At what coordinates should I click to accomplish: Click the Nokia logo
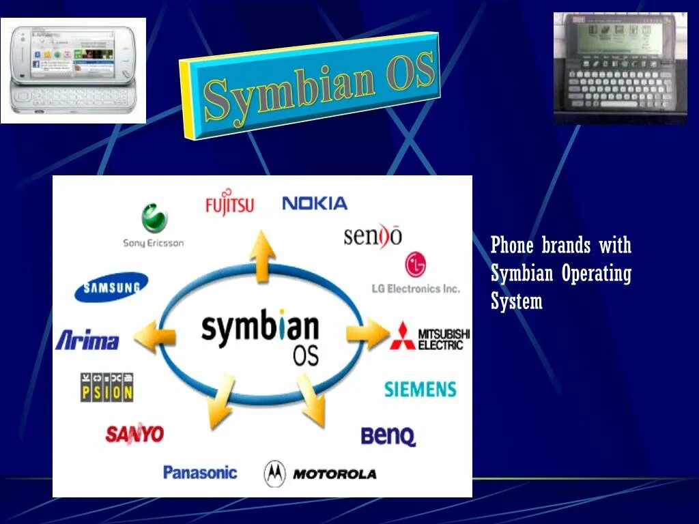click(315, 203)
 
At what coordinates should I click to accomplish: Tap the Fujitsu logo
click(229, 203)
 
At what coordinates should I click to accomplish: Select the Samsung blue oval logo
click(111, 287)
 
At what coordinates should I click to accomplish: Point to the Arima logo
click(87, 340)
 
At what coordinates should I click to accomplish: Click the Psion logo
click(106, 387)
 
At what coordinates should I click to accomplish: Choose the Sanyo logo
click(134, 433)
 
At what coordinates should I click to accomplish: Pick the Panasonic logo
click(200, 472)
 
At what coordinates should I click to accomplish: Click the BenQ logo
click(388, 436)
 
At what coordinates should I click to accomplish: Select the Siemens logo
click(420, 390)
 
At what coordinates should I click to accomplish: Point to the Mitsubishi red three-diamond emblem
click(403, 335)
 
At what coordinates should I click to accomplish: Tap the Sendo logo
click(373, 235)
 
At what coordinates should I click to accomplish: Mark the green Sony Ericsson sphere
click(155, 219)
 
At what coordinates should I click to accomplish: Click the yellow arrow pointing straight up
click(262, 257)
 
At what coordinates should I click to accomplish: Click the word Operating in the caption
click(596, 274)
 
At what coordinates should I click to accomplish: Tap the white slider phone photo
click(73, 70)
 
